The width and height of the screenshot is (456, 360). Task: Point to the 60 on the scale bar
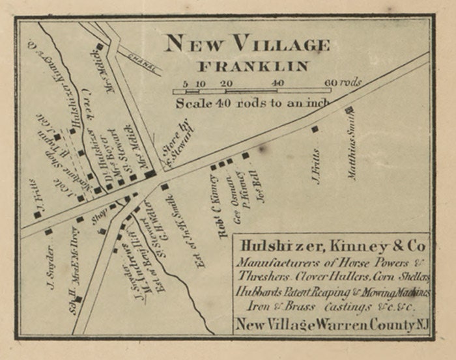pos(332,83)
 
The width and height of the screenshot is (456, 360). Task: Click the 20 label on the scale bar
pos(226,83)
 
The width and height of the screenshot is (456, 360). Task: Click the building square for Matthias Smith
pos(349,110)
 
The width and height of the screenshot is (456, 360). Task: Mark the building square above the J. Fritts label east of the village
pos(315,129)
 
